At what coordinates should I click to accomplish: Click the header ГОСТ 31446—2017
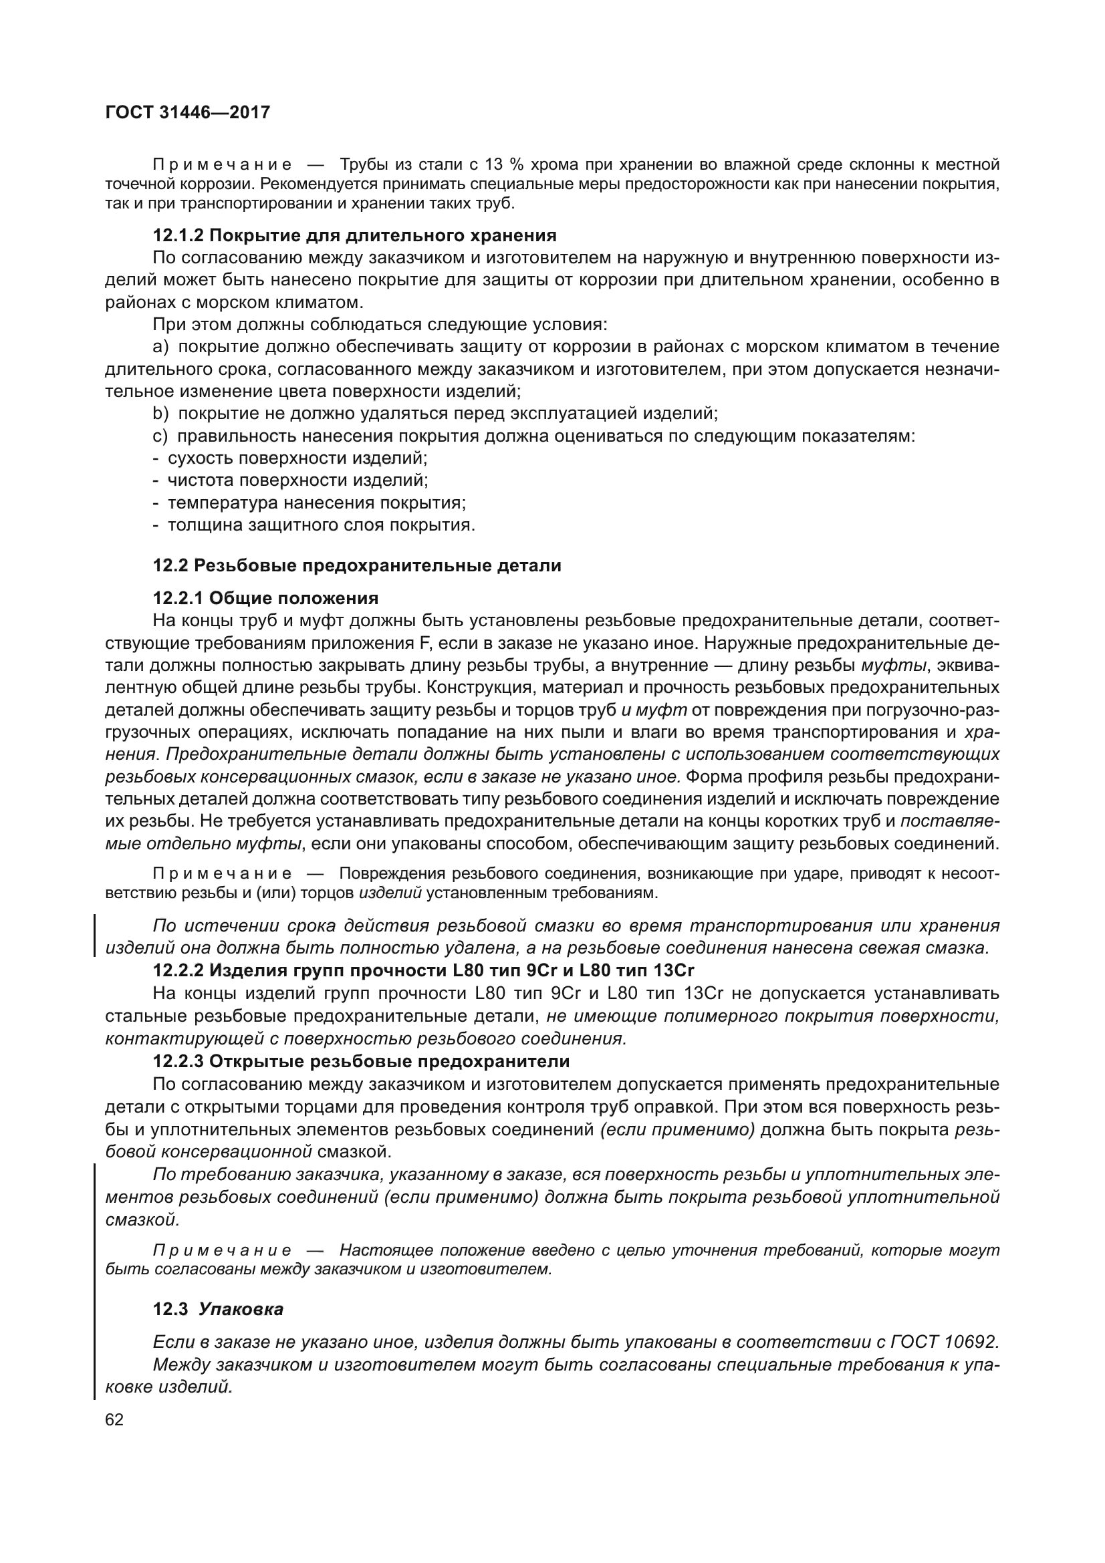[x=188, y=112]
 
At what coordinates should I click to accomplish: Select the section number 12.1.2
[x=178, y=235]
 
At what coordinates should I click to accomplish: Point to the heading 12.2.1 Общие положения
[x=265, y=597]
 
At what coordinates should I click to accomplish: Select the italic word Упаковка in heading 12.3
[x=241, y=1309]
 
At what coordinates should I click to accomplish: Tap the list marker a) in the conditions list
[x=160, y=347]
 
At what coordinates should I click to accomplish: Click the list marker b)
[x=160, y=413]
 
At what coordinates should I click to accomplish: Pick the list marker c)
[x=160, y=436]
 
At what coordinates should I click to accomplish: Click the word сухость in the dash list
[x=199, y=458]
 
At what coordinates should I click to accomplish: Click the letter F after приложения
[x=419, y=644]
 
